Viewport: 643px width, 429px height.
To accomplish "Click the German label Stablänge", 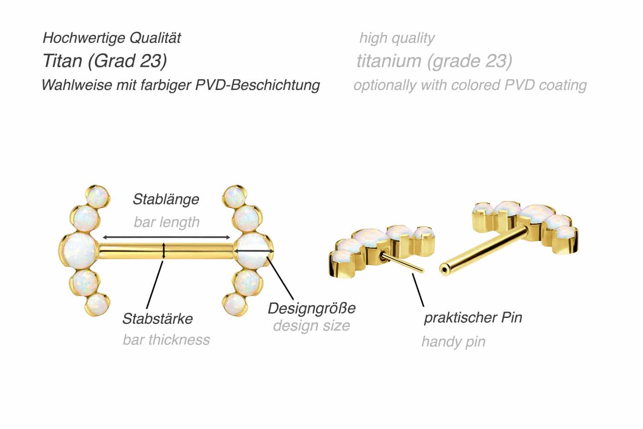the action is coord(166,199).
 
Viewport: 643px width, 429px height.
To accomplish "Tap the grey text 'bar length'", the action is coord(166,222).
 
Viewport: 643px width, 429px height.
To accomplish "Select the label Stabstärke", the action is coord(158,318).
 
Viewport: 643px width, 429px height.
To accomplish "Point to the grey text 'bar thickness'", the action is coord(166,340).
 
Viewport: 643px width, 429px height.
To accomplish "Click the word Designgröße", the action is coord(312,309).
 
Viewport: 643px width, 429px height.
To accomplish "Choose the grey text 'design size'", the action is coord(312,326).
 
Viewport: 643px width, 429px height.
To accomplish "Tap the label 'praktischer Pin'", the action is coord(473,318).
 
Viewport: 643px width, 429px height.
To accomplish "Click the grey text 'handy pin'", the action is coord(454,342).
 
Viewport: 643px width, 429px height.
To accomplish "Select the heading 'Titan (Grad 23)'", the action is coord(105,61).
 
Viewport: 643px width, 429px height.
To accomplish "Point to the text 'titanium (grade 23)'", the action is coord(434,61).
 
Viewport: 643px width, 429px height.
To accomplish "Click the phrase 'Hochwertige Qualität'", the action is coord(111,38).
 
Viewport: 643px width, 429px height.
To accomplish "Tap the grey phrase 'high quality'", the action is coord(397,38).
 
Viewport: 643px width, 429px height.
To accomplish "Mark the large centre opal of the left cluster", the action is coord(79,251).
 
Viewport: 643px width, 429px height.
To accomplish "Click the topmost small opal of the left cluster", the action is coord(97,196).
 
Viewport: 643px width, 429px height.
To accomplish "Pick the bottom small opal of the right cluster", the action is coord(235,304).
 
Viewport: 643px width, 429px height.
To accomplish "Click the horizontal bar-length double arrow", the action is coord(166,237).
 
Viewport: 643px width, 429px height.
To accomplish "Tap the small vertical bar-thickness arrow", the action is coord(164,251).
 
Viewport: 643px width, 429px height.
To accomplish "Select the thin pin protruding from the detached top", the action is coord(403,262).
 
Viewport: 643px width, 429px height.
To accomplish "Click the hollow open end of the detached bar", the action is coord(445,270).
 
